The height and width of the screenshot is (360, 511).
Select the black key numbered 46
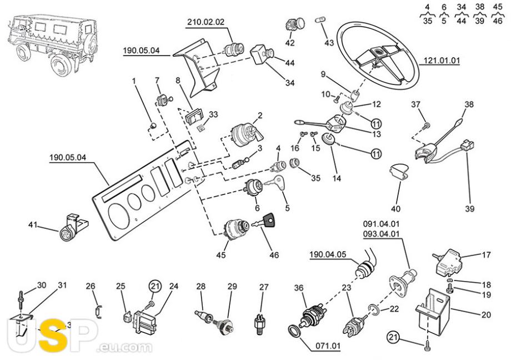pyautogui.click(x=269, y=221)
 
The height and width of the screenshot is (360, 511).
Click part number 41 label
pyautogui.click(x=32, y=225)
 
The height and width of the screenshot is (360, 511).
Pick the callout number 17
pyautogui.click(x=487, y=256)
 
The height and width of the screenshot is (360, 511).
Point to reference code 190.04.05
pyautogui.click(x=328, y=255)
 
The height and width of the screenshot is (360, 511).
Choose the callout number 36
pyautogui.click(x=299, y=287)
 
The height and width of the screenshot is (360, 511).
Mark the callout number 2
pyautogui.click(x=259, y=116)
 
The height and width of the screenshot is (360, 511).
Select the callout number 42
pyautogui.click(x=290, y=43)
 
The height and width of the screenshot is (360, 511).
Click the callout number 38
pyautogui.click(x=469, y=104)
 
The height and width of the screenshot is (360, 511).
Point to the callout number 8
pyautogui.click(x=178, y=81)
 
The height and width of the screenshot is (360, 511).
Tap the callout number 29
pyautogui.click(x=232, y=287)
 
